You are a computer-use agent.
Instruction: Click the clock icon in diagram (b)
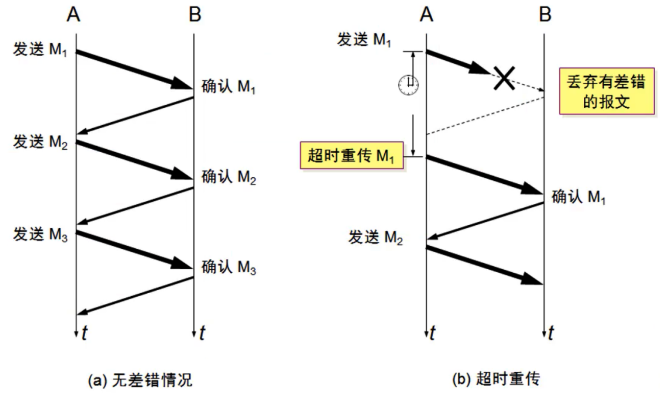click(408, 85)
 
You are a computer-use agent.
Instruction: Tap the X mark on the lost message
click(503, 79)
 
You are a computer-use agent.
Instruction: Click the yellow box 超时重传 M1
click(350, 156)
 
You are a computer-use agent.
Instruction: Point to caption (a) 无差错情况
click(140, 381)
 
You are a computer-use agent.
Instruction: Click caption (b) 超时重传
click(495, 380)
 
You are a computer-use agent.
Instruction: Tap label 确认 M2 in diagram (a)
click(229, 178)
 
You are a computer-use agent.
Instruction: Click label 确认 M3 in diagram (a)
click(229, 267)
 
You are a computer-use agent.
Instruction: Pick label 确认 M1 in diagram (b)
click(579, 198)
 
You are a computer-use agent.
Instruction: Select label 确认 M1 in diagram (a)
click(229, 88)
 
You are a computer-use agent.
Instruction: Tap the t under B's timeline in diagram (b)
click(551, 334)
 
